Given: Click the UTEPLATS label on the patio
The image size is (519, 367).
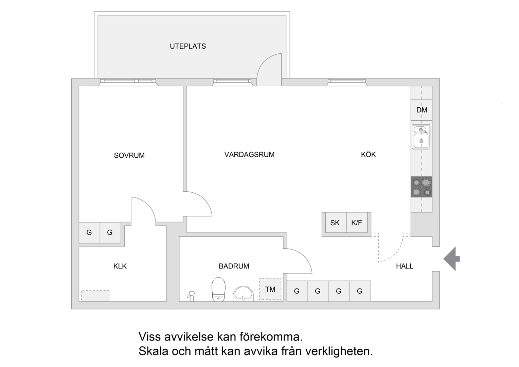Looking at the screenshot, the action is (x=188, y=46).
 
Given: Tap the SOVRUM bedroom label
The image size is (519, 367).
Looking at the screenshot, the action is (x=129, y=155).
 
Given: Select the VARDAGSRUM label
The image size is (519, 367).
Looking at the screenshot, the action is (x=249, y=155).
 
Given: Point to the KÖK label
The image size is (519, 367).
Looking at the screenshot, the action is (x=368, y=154).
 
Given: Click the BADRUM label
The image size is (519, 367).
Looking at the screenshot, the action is (x=234, y=266).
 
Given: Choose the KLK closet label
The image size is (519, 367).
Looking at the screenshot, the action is (x=120, y=266).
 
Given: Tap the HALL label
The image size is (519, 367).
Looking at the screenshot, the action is (x=405, y=266).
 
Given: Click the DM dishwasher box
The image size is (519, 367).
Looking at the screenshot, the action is (x=422, y=110).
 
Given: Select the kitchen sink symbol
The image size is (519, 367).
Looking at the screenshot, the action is (x=421, y=137).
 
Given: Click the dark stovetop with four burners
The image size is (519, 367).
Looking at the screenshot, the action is (x=422, y=187).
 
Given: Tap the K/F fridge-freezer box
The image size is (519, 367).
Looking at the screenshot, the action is (x=357, y=223).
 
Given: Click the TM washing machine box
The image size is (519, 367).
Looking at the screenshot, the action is (x=270, y=289).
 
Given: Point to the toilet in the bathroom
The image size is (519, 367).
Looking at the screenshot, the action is (x=218, y=289).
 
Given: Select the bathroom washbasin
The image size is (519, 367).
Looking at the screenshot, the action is (x=243, y=294).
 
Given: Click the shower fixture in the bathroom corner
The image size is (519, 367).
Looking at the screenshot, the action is (x=191, y=296).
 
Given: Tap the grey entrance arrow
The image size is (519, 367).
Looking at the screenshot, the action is (x=451, y=259).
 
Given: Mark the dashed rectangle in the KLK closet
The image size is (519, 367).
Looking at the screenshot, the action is (x=95, y=296).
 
